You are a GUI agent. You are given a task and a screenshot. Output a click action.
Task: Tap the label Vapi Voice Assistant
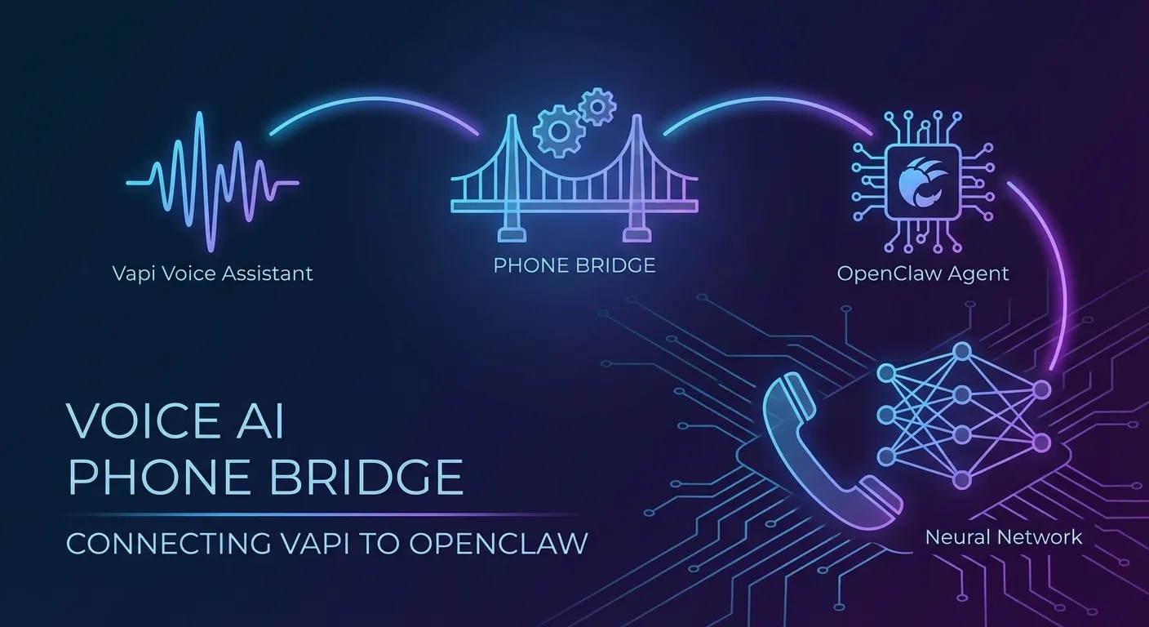213,273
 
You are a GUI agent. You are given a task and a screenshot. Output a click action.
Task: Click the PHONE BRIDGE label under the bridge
574,265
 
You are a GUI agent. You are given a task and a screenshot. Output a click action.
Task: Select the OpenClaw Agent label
923,273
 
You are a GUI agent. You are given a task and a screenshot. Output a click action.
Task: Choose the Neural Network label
1004,536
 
